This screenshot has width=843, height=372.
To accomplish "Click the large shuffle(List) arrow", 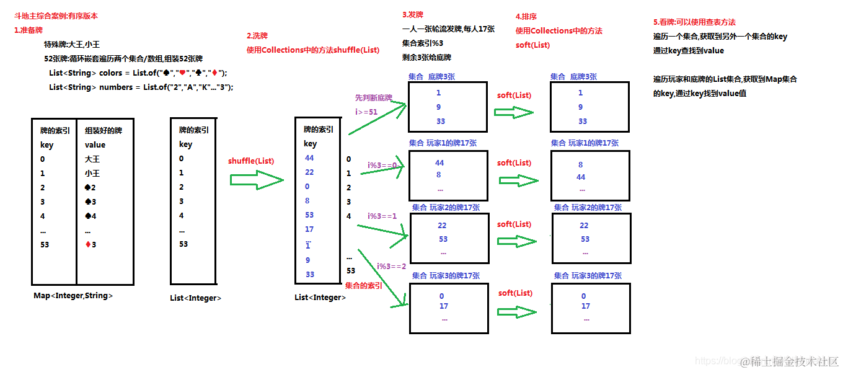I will coord(255,180).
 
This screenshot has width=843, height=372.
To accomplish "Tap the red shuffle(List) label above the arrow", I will coord(251,161).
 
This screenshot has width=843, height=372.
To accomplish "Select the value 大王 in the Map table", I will coord(92,159).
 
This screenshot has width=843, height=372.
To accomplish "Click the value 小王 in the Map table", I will coord(92,174).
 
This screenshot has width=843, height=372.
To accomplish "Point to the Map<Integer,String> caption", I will coord(73,296).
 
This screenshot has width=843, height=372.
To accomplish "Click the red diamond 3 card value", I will coord(90,244).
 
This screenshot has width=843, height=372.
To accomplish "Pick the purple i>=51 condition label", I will coord(366,112).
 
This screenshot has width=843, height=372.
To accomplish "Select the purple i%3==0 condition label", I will coord(382,165).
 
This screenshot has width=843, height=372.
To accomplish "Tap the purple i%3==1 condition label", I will coord(382,216).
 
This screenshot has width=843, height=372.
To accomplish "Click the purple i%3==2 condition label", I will coord(392,266).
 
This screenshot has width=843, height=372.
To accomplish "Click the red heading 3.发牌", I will coord(413,15).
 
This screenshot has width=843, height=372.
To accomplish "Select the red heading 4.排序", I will coord(526,17).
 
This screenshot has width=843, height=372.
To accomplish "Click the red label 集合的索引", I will coord(363,286).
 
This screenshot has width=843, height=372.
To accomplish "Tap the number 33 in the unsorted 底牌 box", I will coord(441,121).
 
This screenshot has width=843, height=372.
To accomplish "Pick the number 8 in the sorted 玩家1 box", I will coord(581,165).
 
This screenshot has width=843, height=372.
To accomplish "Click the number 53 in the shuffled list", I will coord(309,215).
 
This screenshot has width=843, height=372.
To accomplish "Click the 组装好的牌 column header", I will coord(103,131).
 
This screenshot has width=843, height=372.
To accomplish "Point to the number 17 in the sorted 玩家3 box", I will coord(586,306).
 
